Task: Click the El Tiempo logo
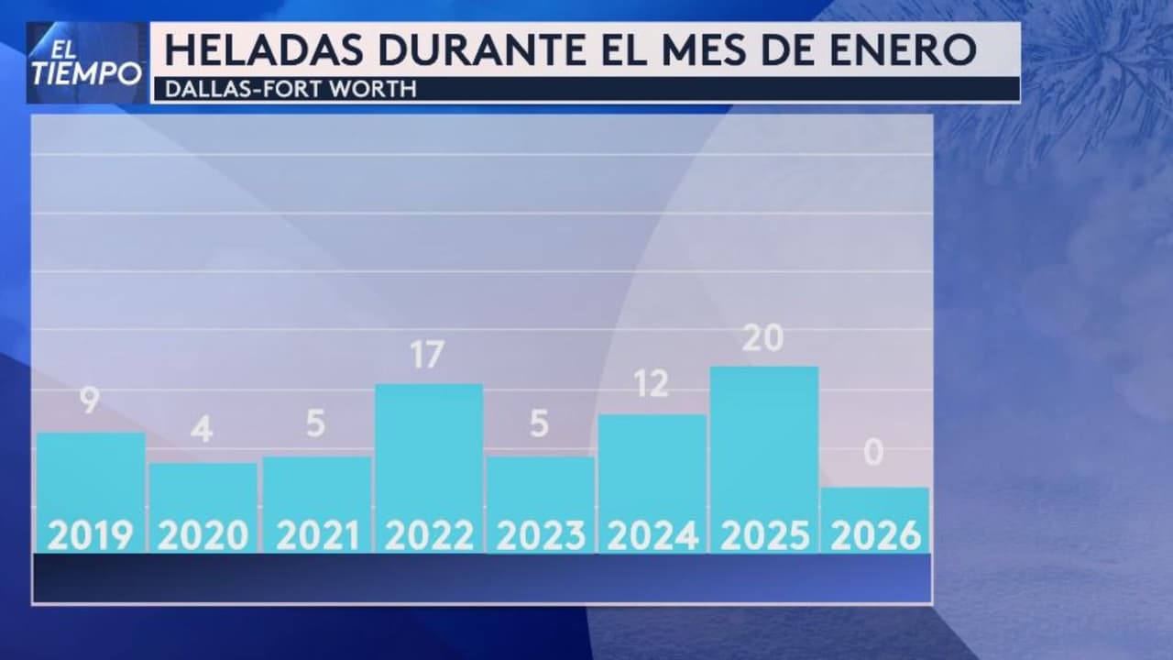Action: coord(86,62)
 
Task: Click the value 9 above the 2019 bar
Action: coord(89,400)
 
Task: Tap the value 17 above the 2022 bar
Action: coord(427,355)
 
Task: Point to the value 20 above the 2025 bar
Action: coord(762,338)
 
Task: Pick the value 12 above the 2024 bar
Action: coord(651,384)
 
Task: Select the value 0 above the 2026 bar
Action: coord(873,452)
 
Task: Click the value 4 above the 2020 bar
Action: coord(202,429)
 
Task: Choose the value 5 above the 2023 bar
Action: coord(539,423)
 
